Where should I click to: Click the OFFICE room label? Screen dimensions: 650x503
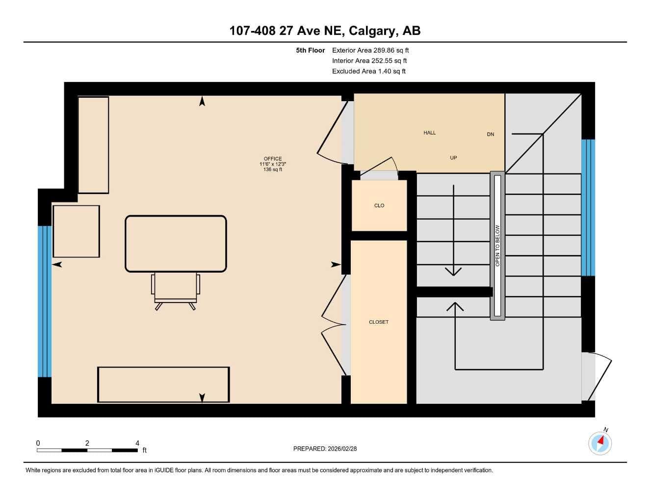click(272, 159)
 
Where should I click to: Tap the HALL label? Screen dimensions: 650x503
click(430, 133)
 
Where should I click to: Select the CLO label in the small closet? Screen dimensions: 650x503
click(379, 205)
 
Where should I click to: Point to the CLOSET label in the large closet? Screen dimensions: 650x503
click(379, 322)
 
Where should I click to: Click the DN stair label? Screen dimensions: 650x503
click(491, 135)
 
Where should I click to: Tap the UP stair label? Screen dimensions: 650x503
click(453, 158)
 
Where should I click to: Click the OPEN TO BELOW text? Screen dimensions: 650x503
click(497, 246)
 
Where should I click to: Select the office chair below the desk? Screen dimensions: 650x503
click(176, 291)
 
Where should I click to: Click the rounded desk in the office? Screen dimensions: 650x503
click(176, 244)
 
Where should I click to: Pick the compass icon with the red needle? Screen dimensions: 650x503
click(600, 444)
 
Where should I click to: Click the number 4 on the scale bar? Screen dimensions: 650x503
click(137, 443)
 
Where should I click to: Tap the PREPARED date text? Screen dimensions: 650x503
click(325, 449)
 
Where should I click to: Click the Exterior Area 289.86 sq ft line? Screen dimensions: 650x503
click(370, 50)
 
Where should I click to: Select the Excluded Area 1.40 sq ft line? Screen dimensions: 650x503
click(369, 71)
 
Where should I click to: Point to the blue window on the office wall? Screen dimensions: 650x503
click(45, 301)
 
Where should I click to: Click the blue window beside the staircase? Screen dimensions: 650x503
click(588, 207)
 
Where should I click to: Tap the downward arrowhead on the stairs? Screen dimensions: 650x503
click(453, 272)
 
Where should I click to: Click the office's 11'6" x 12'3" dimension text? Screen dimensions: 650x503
click(272, 164)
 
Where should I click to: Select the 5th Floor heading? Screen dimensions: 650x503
click(310, 50)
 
